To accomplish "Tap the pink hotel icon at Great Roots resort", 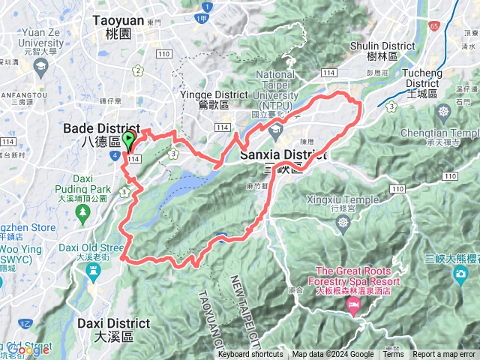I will [x=353, y=305].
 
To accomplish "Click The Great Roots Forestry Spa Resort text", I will [x=357, y=275].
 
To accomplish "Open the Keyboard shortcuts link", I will [x=250, y=355].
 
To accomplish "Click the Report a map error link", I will [x=444, y=355].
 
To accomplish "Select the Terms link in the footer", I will [x=393, y=355].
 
